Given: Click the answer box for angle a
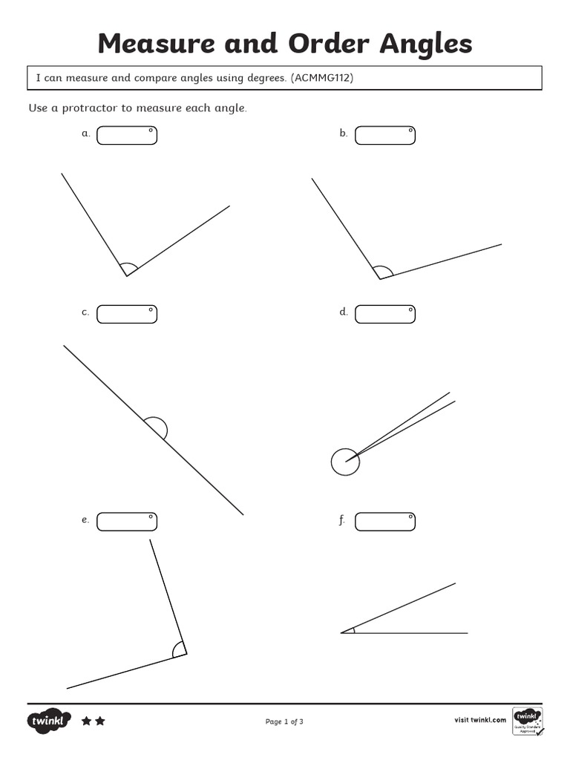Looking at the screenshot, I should (x=127, y=135).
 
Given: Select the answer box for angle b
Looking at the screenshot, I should (x=385, y=135).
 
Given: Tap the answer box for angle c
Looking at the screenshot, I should (x=127, y=314).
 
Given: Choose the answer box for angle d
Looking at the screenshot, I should (x=385, y=314).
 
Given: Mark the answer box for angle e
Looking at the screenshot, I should (x=127, y=522).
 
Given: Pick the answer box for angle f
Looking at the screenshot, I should (x=385, y=522).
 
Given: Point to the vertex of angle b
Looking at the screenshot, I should (x=380, y=279).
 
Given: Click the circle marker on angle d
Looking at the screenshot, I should (x=345, y=462).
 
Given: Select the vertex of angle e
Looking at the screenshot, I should (x=186, y=654).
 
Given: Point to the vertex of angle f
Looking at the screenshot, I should (x=341, y=633).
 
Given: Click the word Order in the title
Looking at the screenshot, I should (x=329, y=45).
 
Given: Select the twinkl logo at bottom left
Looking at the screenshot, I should (x=50, y=721).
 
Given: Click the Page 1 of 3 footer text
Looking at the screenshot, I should (x=284, y=721).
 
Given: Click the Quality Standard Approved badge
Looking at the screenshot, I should (x=528, y=721).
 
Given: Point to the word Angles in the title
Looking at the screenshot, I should (x=426, y=45).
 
